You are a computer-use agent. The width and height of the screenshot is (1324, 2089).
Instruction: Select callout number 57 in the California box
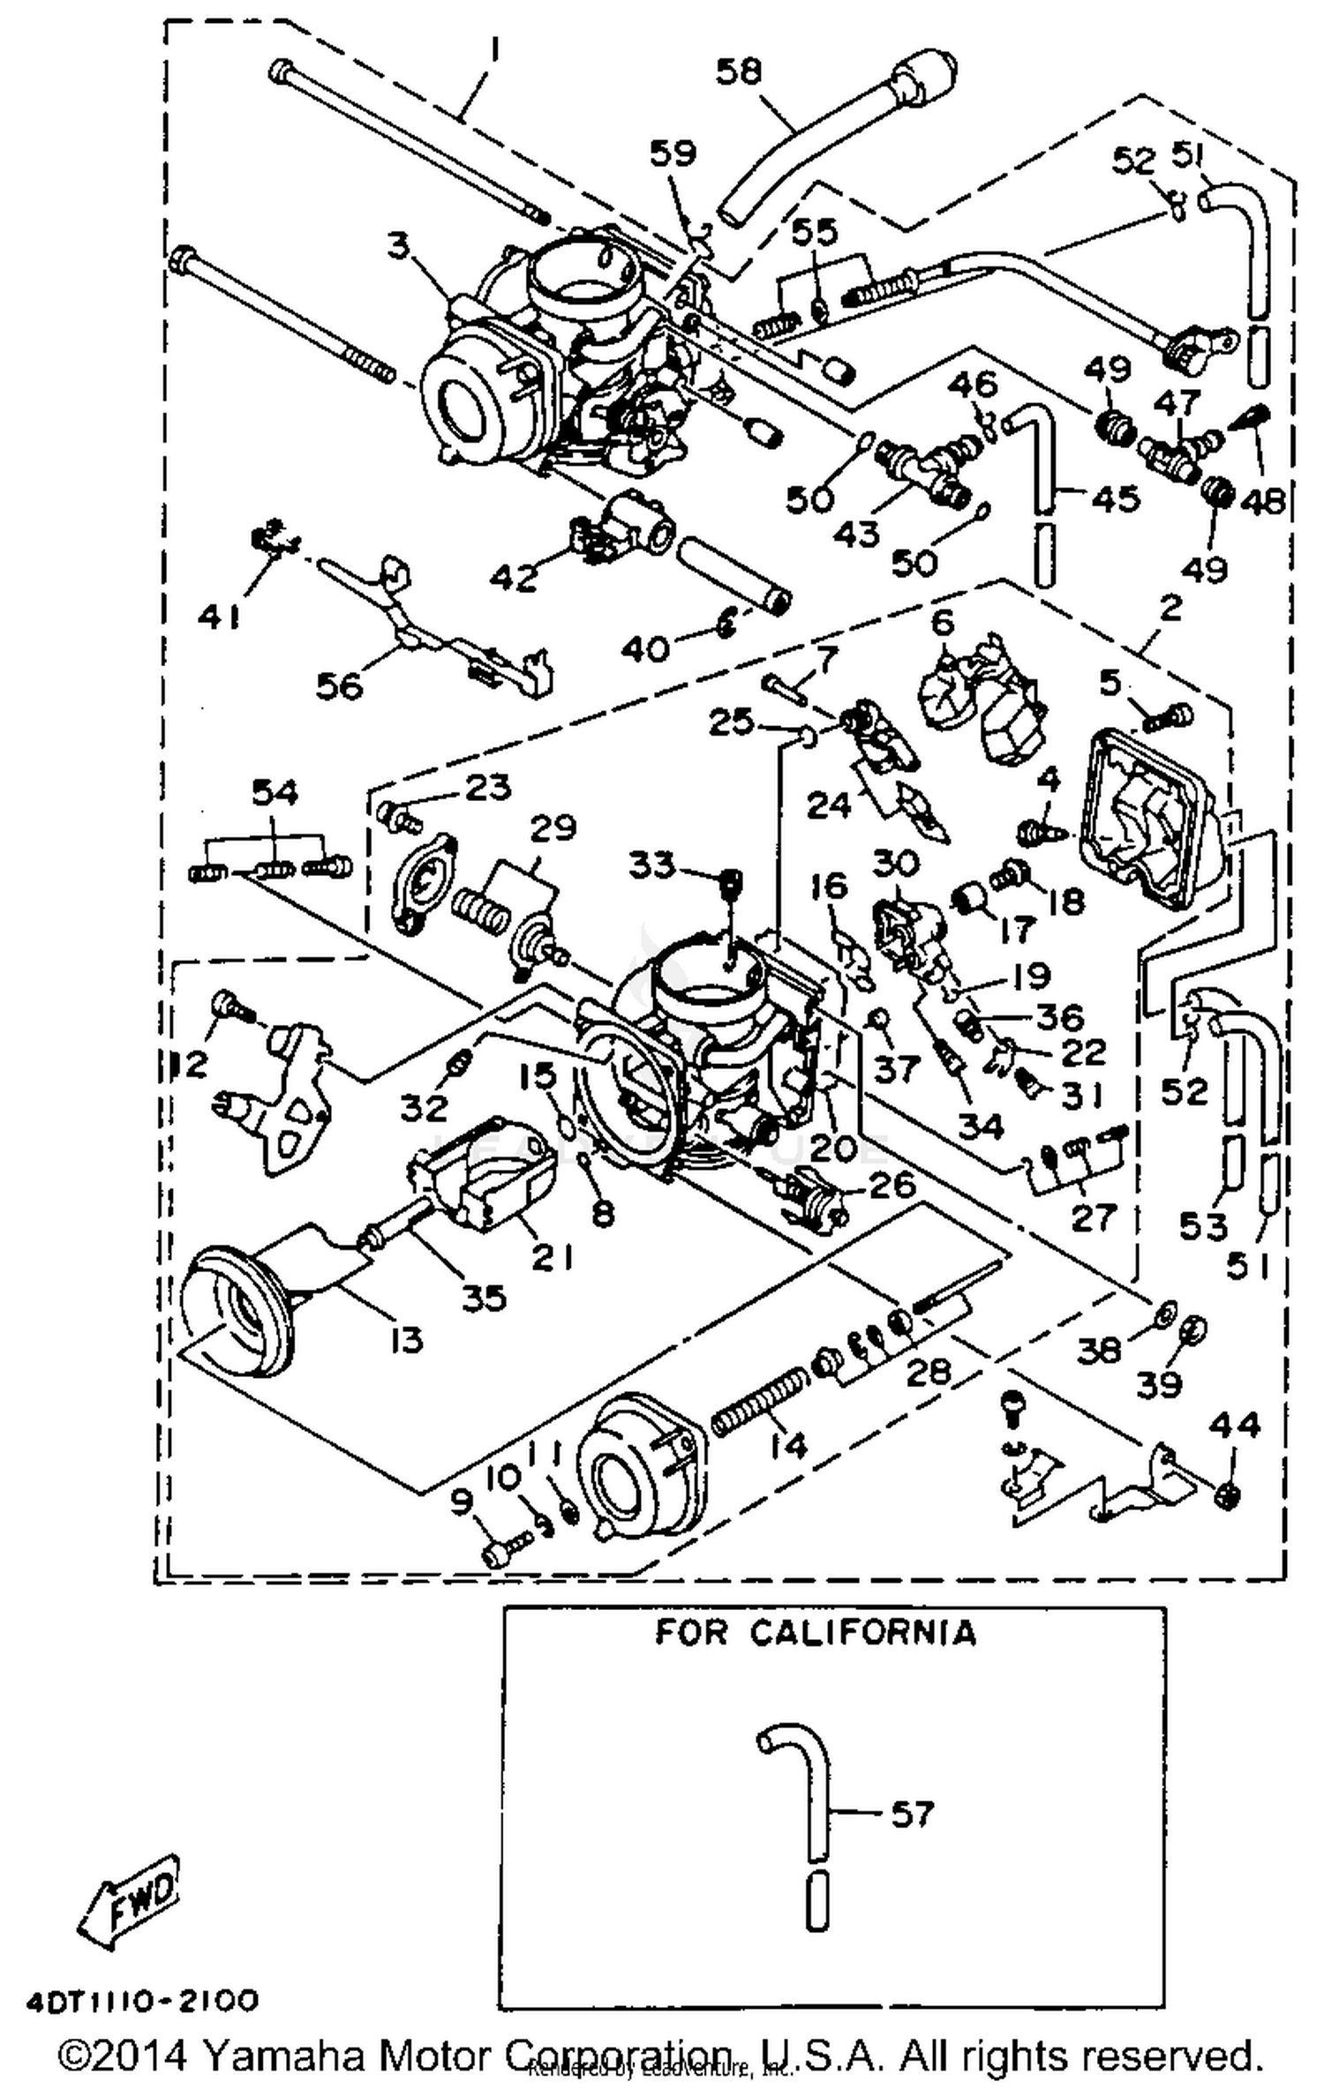(x=911, y=1815)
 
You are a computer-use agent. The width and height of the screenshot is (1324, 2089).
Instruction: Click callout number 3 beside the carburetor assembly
(x=400, y=246)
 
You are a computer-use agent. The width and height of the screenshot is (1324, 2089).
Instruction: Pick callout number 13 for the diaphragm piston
(x=402, y=1340)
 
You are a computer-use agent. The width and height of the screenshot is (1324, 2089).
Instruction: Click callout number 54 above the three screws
(x=275, y=792)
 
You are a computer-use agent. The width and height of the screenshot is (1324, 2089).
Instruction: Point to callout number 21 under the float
(x=553, y=1257)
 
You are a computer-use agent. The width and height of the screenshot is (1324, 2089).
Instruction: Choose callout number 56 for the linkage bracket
(x=340, y=685)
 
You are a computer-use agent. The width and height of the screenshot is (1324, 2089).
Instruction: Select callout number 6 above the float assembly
(x=943, y=624)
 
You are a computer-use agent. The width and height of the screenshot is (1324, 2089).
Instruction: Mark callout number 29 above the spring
(x=553, y=827)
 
